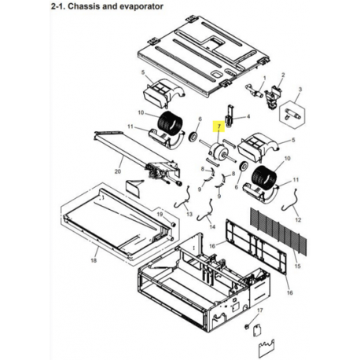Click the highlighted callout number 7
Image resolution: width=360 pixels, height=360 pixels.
(219, 127)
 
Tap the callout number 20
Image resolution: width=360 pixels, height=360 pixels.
(118, 171)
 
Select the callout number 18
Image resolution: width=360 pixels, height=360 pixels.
(94, 260)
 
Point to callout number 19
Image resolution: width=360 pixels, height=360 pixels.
(160, 215)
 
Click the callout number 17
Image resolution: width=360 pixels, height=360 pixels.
(259, 310)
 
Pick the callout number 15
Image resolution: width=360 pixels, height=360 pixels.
(297, 266)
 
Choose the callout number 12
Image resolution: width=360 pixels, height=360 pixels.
(298, 220)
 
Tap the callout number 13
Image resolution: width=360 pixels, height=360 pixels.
(189, 215)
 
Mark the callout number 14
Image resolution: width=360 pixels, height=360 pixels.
(212, 226)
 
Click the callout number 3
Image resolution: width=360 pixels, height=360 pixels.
(300, 89)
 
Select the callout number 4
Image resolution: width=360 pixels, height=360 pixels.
(248, 116)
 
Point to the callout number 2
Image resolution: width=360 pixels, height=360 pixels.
(283, 75)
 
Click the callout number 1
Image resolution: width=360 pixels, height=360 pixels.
(265, 78)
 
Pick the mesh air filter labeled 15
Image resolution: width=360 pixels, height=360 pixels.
(278, 231)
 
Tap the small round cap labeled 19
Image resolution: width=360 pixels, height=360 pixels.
(173, 224)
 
